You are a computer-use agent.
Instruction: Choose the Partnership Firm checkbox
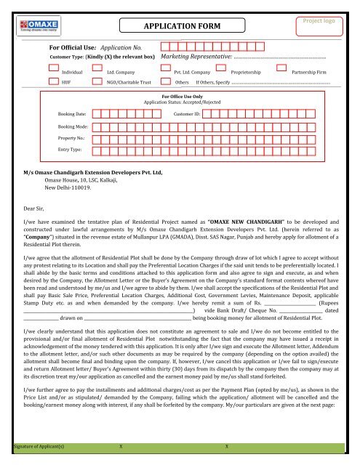point(281,73)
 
